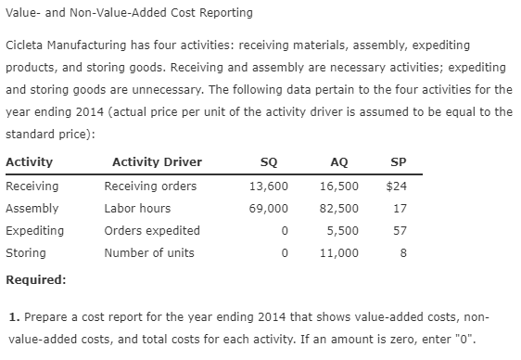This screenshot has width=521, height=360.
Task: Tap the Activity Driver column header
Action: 157,162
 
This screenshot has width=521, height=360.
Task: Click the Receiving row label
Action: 29,186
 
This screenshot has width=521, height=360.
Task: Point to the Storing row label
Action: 25,252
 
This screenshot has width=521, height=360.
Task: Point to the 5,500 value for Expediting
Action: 343,230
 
